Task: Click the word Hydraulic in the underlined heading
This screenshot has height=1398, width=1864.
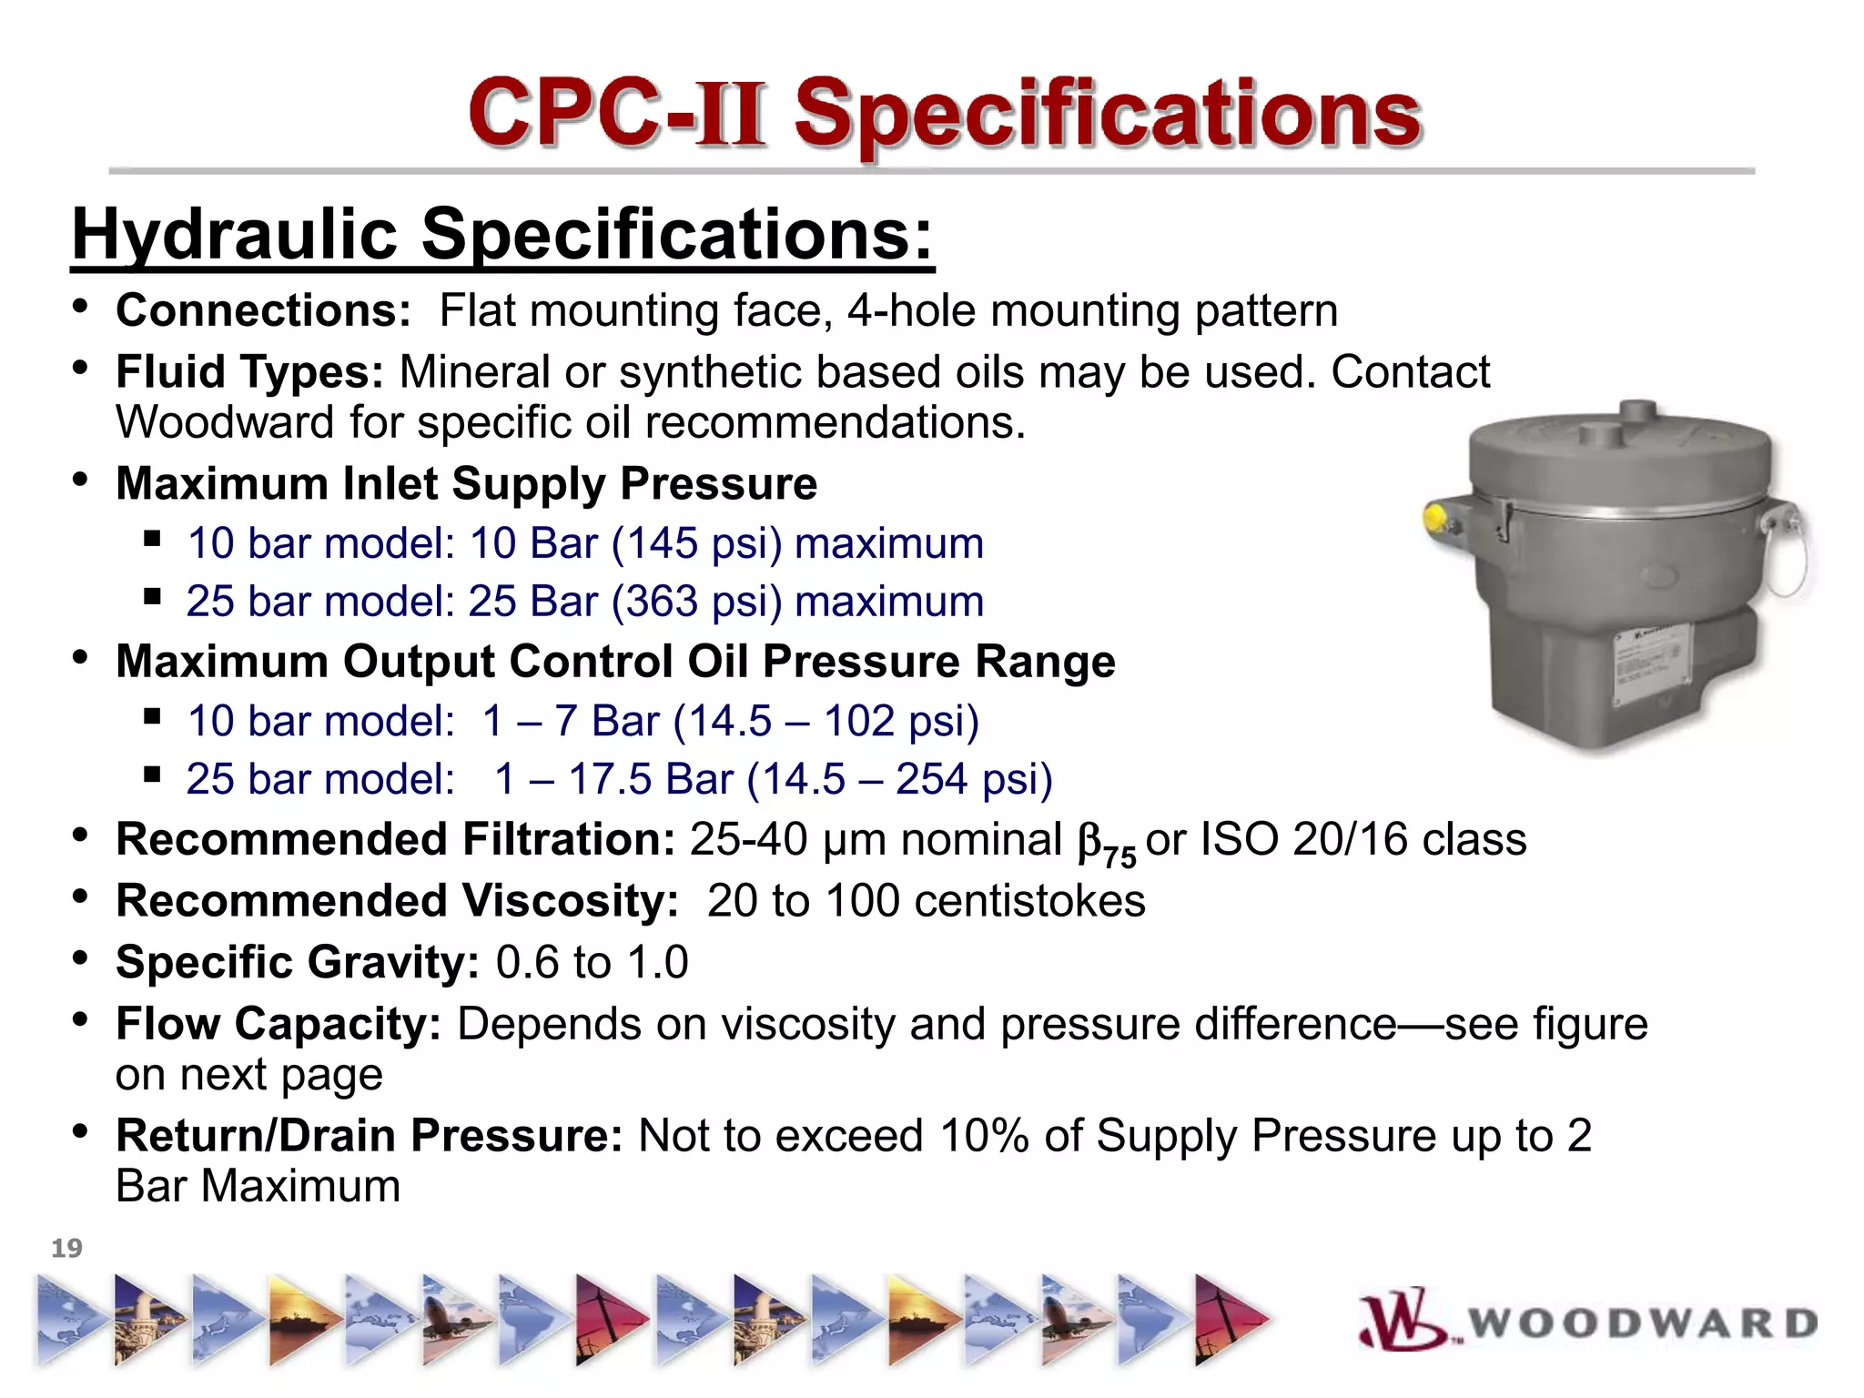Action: click(235, 235)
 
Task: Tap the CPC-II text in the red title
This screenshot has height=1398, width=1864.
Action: click(615, 115)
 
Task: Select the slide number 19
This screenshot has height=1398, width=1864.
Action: click(66, 1248)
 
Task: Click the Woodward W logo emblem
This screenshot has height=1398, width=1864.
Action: click(1402, 1319)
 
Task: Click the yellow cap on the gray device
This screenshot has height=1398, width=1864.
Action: click(1435, 518)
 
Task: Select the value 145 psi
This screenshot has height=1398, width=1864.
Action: click(696, 543)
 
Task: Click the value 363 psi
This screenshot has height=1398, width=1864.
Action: click(696, 602)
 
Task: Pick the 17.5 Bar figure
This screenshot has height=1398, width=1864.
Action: click(651, 779)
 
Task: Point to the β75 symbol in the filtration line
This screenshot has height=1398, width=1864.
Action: click(1105, 843)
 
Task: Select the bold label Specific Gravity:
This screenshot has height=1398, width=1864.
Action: click(297, 962)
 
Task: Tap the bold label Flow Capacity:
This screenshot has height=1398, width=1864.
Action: click(279, 1024)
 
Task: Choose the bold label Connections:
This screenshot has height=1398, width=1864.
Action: click(263, 310)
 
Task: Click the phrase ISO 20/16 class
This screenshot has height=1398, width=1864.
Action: click(1363, 839)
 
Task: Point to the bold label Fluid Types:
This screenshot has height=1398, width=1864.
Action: click(249, 372)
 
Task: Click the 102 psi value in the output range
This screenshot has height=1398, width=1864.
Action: click(901, 721)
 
